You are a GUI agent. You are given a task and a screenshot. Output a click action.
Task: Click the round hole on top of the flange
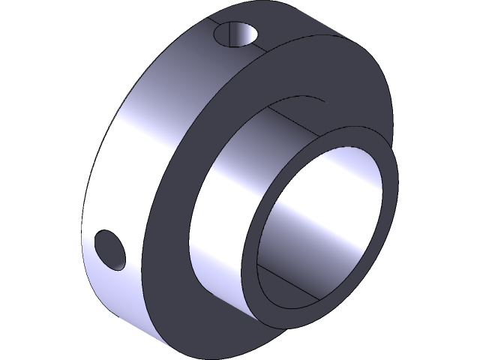click(236, 34)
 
